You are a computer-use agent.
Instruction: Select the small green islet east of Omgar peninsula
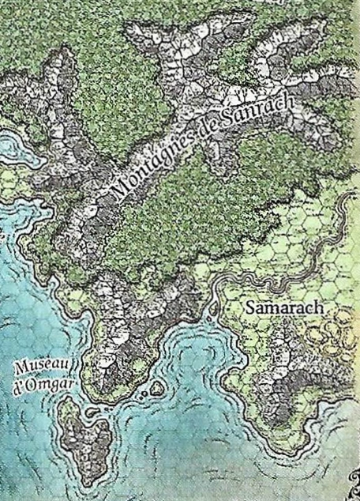pos(156,387)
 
